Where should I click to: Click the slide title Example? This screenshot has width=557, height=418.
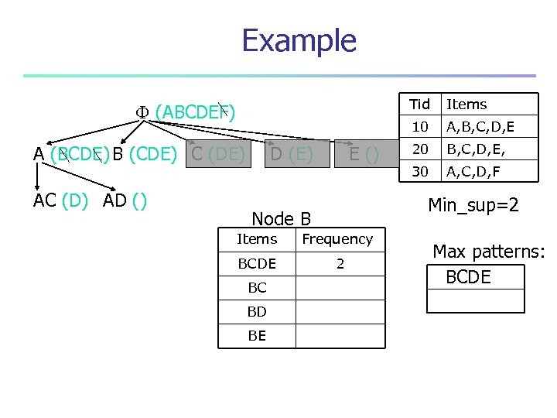[299, 40]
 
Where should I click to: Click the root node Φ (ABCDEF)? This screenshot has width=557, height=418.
[186, 113]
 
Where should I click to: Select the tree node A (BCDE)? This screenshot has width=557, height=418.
[70, 154]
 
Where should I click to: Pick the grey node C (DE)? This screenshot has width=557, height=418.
[217, 154]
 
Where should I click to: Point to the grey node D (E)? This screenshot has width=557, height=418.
[291, 155]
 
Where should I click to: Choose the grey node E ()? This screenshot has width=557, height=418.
[363, 155]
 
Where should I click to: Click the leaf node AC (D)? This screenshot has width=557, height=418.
[60, 200]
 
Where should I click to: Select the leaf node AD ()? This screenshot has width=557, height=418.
[125, 200]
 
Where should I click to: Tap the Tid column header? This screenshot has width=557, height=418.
[419, 104]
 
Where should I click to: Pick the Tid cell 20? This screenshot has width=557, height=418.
[419, 149]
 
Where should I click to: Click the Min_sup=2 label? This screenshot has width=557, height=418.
[473, 205]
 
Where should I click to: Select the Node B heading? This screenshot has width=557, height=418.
[282, 219]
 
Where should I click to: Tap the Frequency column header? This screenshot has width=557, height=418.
[337, 239]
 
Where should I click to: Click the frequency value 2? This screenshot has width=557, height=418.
[340, 264]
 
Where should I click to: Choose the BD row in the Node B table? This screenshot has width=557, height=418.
[257, 311]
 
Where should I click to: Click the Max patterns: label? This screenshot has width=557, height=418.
[489, 252]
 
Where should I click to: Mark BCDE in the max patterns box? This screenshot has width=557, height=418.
[469, 277]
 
